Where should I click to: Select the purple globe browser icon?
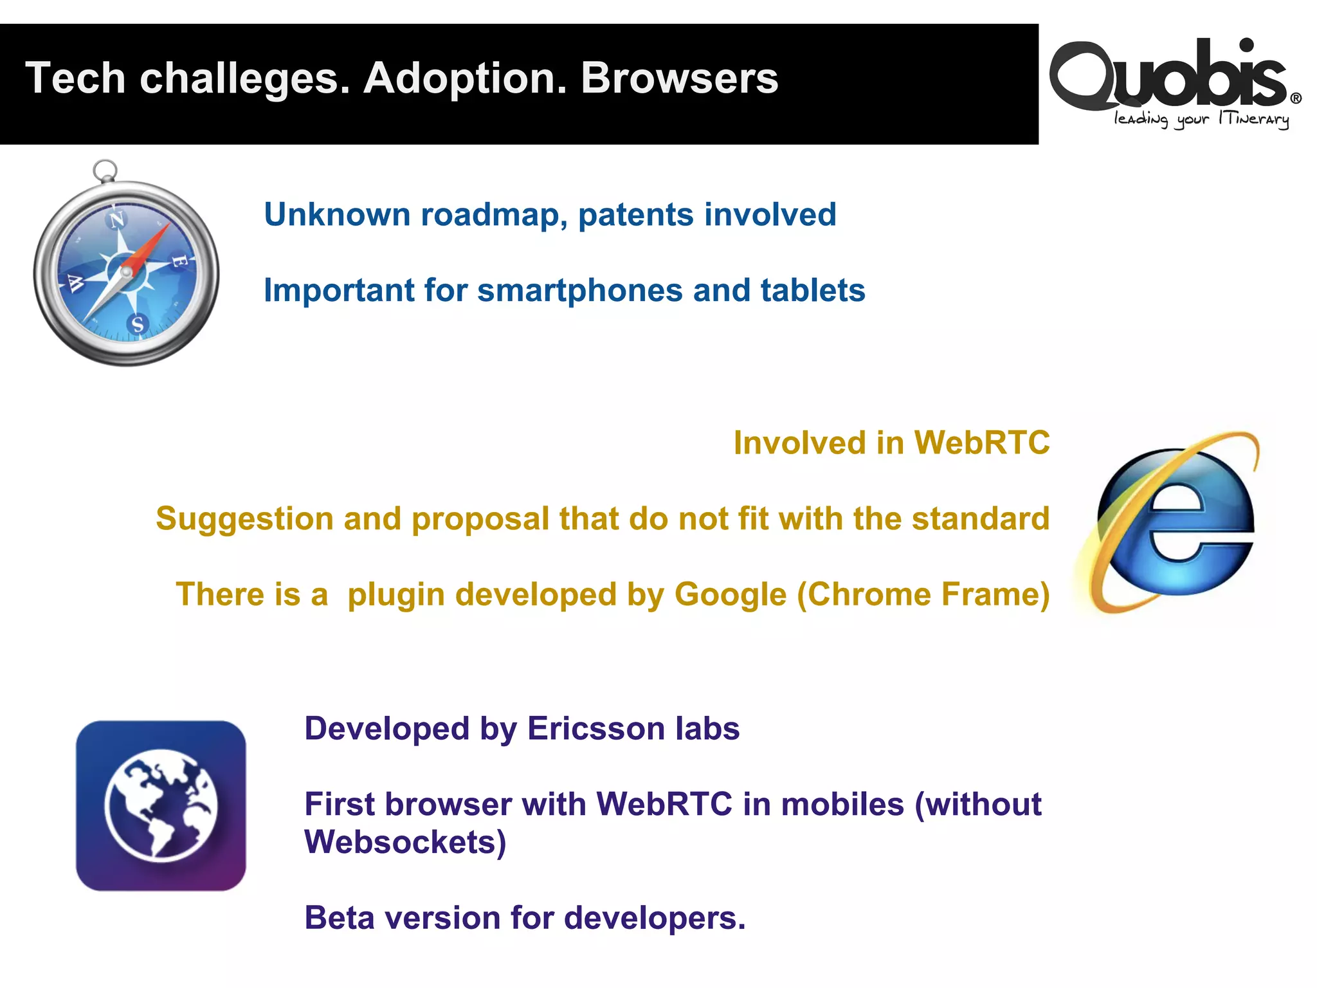[x=161, y=805]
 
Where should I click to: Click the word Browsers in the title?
[x=679, y=78]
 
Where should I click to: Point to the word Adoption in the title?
[x=464, y=78]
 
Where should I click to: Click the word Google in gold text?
[x=730, y=595]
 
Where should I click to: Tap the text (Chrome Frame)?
[x=923, y=595]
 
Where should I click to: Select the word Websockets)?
[x=405, y=843]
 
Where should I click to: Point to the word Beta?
[x=338, y=918]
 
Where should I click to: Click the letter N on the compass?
[x=116, y=221]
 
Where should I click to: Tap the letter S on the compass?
[x=138, y=324]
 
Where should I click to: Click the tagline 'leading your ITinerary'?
[x=1201, y=120]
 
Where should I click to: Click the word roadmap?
[x=493, y=215]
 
